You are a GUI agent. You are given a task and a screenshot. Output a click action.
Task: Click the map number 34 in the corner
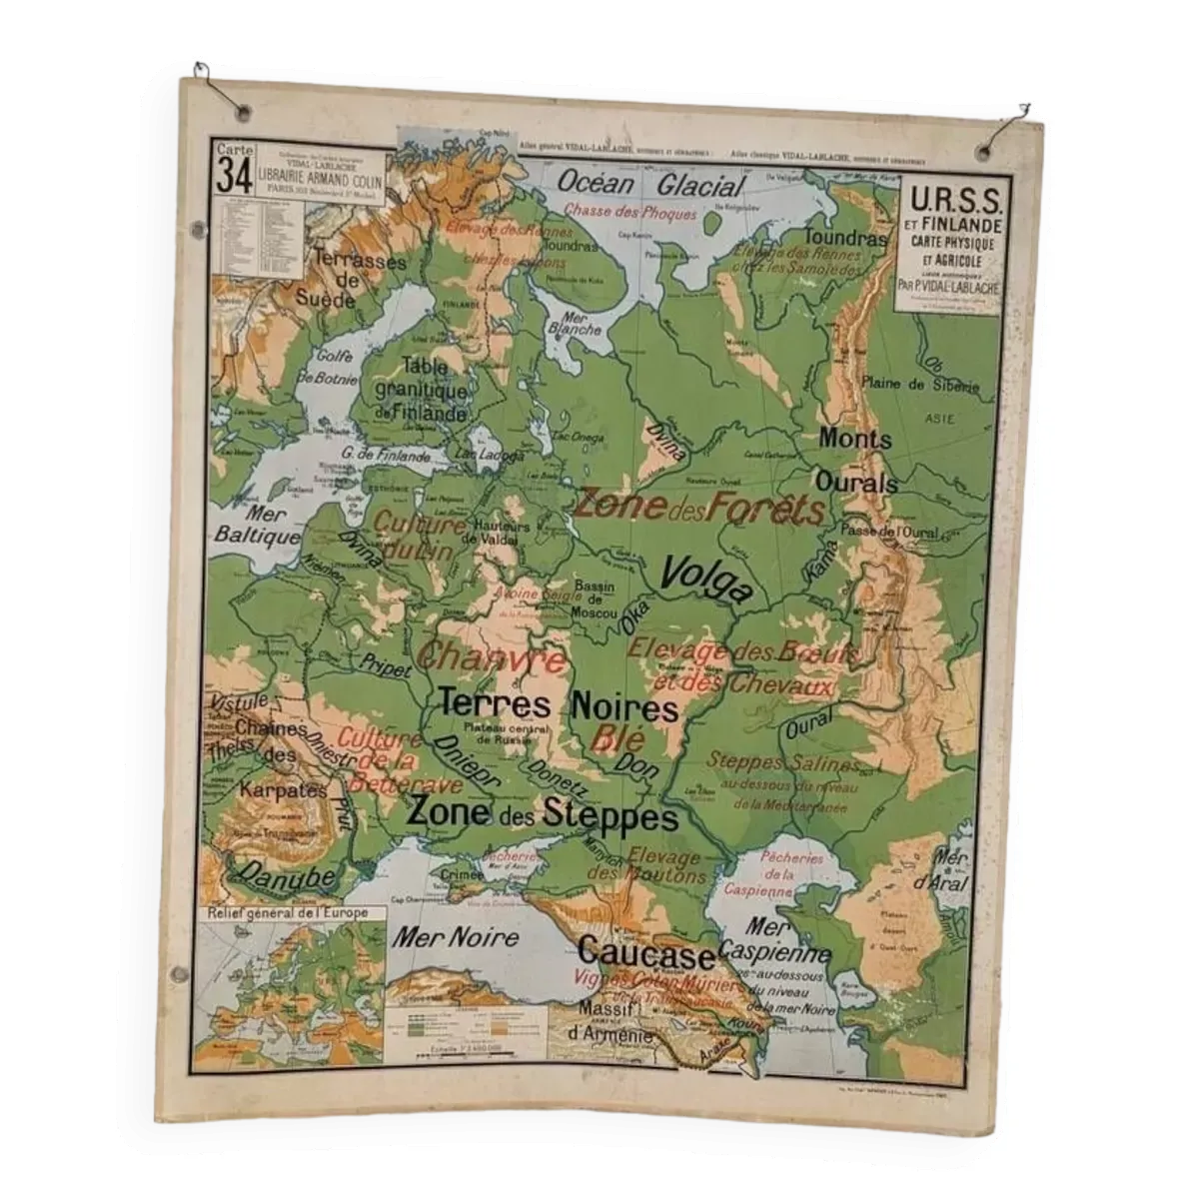tap(232, 176)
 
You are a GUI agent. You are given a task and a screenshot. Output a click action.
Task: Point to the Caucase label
tap(646, 954)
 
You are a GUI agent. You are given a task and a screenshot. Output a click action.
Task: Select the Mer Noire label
tap(455, 936)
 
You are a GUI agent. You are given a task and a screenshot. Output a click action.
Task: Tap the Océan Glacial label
tap(649, 185)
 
